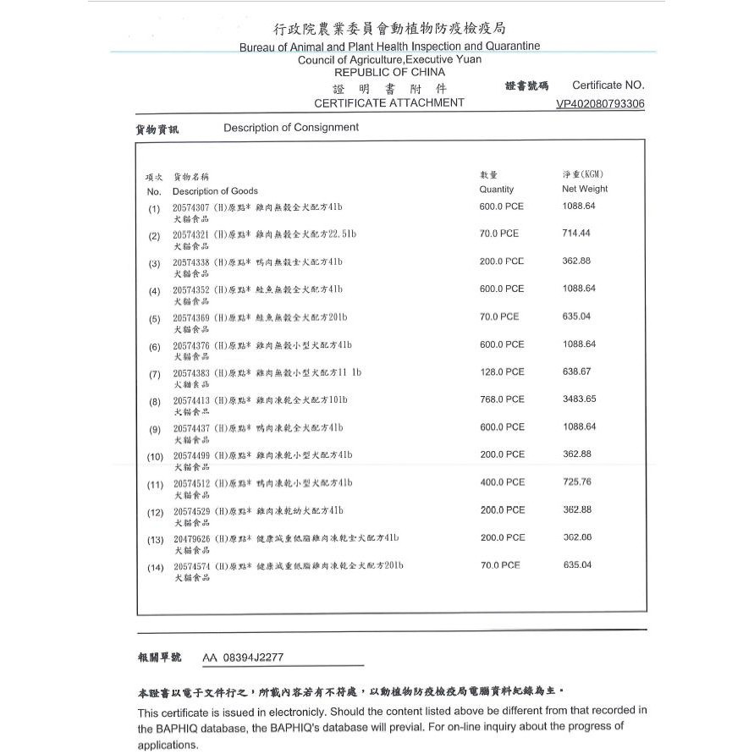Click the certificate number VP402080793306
click(600, 104)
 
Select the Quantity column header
click(496, 190)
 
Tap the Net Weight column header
click(585, 189)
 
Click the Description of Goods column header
click(215, 191)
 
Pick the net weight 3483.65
click(580, 399)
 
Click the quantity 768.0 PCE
click(502, 399)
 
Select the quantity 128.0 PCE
click(502, 371)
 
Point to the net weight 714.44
click(576, 233)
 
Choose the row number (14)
click(156, 567)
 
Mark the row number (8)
click(154, 402)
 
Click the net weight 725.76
click(577, 482)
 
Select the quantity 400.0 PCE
click(502, 482)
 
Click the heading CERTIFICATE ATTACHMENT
click(388, 102)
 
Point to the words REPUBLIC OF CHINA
click(389, 73)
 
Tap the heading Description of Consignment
click(291, 128)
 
